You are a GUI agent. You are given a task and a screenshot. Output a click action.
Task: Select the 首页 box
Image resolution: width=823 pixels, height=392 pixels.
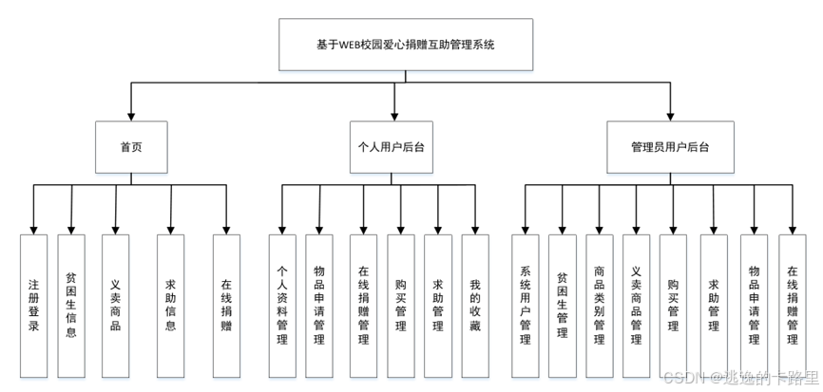[131, 147]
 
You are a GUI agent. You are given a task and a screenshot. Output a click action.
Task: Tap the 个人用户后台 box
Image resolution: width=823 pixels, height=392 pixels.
[392, 147]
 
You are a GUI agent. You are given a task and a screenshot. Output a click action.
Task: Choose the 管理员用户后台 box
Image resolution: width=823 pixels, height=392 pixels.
[670, 147]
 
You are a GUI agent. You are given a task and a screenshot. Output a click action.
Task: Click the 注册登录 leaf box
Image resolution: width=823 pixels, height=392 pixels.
[33, 303]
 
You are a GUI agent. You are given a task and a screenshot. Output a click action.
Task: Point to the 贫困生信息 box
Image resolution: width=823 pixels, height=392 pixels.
[72, 303]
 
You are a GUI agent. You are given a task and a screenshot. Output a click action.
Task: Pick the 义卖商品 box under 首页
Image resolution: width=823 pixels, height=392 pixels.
[115, 303]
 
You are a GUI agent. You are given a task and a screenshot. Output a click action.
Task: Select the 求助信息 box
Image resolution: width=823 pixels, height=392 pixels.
[170, 303]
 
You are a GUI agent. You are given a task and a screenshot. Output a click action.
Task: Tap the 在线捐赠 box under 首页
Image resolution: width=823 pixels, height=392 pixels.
[226, 303]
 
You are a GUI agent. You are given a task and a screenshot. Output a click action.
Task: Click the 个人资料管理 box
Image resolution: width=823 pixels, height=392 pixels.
[281, 303]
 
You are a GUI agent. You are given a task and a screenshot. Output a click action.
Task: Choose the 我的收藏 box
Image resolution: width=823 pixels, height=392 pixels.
[475, 303]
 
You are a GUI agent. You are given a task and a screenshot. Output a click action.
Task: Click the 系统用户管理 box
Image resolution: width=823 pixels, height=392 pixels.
[524, 303]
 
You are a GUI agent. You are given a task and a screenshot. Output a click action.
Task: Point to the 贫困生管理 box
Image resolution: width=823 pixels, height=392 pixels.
[562, 303]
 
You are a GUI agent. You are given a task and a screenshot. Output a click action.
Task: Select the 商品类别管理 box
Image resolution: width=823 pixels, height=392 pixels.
[599, 303]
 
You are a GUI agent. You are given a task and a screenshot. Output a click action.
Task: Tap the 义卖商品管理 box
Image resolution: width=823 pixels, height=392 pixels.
[637, 303]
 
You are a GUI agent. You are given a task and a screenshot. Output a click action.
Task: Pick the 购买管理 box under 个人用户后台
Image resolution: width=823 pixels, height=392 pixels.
[400, 303]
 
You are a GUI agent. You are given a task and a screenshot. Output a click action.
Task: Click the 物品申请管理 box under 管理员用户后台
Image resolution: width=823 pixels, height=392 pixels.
[754, 303]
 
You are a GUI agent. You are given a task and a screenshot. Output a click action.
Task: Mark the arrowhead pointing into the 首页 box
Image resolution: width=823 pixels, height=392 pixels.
[131, 116]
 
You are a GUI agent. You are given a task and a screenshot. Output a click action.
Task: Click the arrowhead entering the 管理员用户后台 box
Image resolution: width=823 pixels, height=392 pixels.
[670, 116]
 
